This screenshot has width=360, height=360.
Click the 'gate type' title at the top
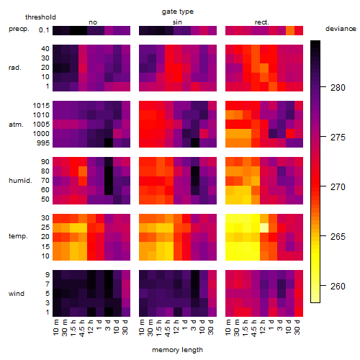(178, 12)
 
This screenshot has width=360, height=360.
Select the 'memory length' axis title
(177, 350)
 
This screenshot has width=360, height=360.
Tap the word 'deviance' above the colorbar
(341, 29)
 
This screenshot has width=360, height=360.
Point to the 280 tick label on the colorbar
(338, 88)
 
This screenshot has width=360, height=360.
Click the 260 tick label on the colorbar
(338, 287)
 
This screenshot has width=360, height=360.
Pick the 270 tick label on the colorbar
(338, 187)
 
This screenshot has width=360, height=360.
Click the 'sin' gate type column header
(177, 22)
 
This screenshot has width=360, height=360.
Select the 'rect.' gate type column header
(262, 22)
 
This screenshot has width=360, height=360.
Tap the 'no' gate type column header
(93, 22)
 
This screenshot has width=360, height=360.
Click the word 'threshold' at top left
(40, 17)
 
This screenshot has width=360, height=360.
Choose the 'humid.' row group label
(20, 181)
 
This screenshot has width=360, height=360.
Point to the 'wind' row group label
(17, 294)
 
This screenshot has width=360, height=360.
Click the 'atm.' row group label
(16, 125)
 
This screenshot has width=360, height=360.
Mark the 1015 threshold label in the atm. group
(41, 106)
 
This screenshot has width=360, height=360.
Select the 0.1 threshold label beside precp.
(44, 30)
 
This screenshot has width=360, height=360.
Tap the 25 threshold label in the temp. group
(45, 228)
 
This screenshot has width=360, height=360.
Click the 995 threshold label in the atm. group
(43, 143)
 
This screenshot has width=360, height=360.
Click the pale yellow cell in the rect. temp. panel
(264, 228)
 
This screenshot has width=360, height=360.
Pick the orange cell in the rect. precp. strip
(290, 30)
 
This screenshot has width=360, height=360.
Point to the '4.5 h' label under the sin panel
(168, 328)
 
